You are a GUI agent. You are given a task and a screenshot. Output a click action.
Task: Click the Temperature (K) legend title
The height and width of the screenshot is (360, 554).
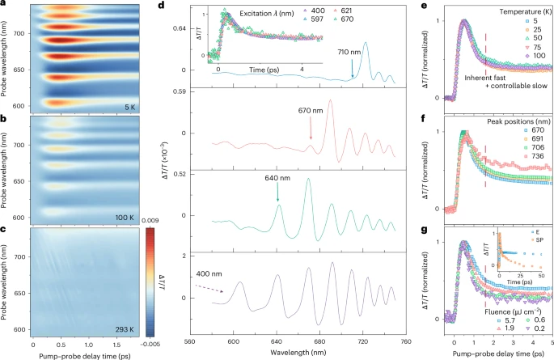click(509, 13)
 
